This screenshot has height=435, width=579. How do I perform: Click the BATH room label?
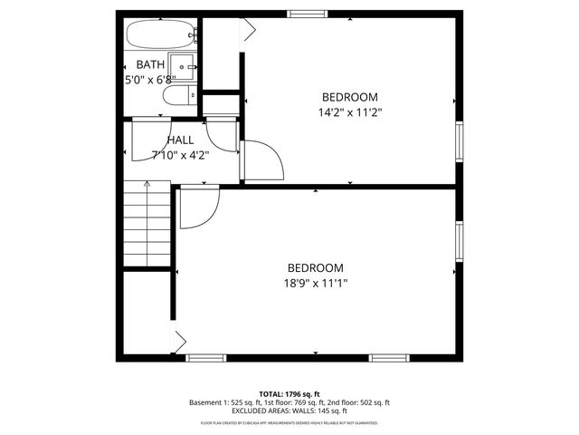(x=150, y=64)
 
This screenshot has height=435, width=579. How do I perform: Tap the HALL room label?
(x=180, y=140)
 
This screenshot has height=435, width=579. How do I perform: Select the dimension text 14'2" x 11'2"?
(x=349, y=112)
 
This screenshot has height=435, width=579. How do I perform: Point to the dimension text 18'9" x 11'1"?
(x=316, y=283)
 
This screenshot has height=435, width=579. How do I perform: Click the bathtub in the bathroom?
(x=159, y=35)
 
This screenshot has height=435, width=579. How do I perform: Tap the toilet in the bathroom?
(x=181, y=96)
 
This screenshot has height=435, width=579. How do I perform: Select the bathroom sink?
(x=185, y=66)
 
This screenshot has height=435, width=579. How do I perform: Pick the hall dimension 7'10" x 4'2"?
(x=180, y=155)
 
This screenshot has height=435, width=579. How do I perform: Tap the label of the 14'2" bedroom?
(x=349, y=97)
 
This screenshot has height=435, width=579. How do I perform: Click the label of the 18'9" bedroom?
(x=316, y=267)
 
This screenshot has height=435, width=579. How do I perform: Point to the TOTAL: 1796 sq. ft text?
(x=289, y=393)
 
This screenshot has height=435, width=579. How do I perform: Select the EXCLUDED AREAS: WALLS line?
(x=289, y=411)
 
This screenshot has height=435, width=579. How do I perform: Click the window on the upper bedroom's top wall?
(x=308, y=14)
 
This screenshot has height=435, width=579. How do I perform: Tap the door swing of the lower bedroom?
(x=195, y=208)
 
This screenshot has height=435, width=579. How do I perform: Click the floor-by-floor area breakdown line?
(x=289, y=402)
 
